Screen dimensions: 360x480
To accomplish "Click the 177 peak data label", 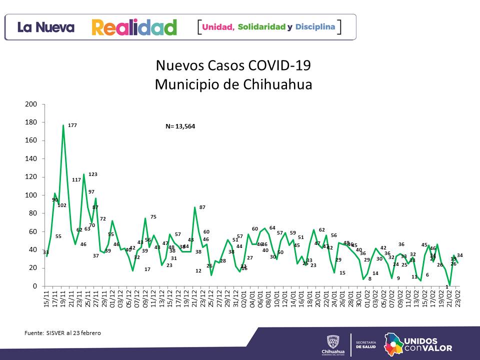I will pyautogui.click(x=72, y=125).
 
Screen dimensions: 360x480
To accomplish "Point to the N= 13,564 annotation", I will pyautogui.click(x=180, y=126).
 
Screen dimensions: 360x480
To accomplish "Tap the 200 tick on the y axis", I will pyautogui.click(x=31, y=104).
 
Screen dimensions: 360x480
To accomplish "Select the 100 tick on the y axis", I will pyautogui.click(x=31, y=195).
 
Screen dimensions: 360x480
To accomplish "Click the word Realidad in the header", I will pyautogui.click(x=134, y=27).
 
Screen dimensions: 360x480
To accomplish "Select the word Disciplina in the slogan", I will pyautogui.click(x=315, y=26).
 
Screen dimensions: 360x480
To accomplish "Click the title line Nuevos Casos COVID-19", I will pyautogui.click(x=233, y=66).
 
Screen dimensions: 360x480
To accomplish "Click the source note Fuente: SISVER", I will pyautogui.click(x=62, y=332).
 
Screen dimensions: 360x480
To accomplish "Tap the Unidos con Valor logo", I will pyautogui.click(x=417, y=344).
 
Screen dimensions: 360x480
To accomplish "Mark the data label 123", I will pyautogui.click(x=92, y=174).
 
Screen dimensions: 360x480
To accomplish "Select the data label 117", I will pyautogui.click(x=76, y=179).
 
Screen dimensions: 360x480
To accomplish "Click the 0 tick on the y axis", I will pyautogui.click(x=35, y=286).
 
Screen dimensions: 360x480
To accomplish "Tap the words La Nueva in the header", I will pyautogui.click(x=46, y=27).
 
